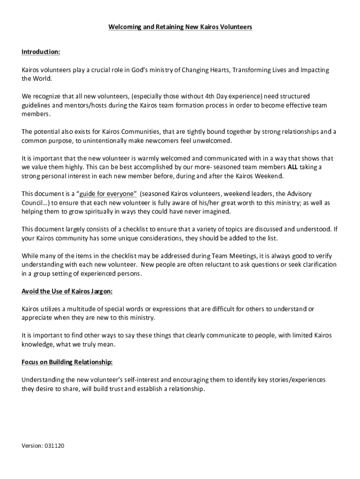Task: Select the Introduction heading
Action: point(41,51)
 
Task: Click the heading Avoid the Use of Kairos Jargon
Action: point(67,291)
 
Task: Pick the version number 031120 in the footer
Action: point(55,446)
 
